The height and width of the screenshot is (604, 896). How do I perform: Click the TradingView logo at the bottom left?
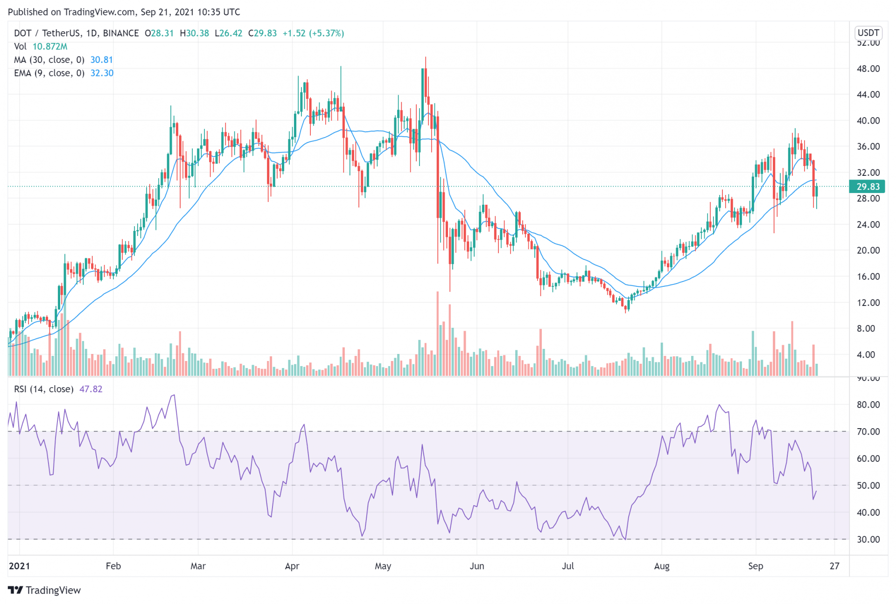coord(44,590)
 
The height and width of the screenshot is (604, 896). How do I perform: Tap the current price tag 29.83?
coord(867,187)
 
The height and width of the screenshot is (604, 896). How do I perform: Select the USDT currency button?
coord(868,33)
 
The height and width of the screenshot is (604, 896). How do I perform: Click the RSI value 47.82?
coord(91,389)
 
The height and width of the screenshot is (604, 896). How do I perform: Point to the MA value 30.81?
coord(101,60)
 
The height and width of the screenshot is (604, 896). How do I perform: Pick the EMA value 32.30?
coord(102,73)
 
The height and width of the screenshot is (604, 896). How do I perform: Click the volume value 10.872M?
coord(49,47)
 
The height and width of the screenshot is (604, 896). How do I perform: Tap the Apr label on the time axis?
coord(292,566)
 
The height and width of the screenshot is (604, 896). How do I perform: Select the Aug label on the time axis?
coord(662,566)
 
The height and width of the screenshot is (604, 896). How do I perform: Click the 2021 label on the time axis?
coord(19,566)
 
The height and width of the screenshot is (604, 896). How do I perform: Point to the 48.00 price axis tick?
coord(868,69)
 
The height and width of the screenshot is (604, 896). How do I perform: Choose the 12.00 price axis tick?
coord(868,303)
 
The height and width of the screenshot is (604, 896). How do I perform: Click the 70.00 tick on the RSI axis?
coord(868,431)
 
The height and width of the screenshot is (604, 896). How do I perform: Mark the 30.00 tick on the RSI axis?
coord(868,540)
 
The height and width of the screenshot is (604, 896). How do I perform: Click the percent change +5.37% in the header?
coord(326,33)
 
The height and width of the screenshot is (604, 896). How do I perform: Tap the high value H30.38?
coord(194,33)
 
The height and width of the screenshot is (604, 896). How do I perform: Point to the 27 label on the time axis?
coord(834,566)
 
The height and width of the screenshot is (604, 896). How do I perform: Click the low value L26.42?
coord(228,33)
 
